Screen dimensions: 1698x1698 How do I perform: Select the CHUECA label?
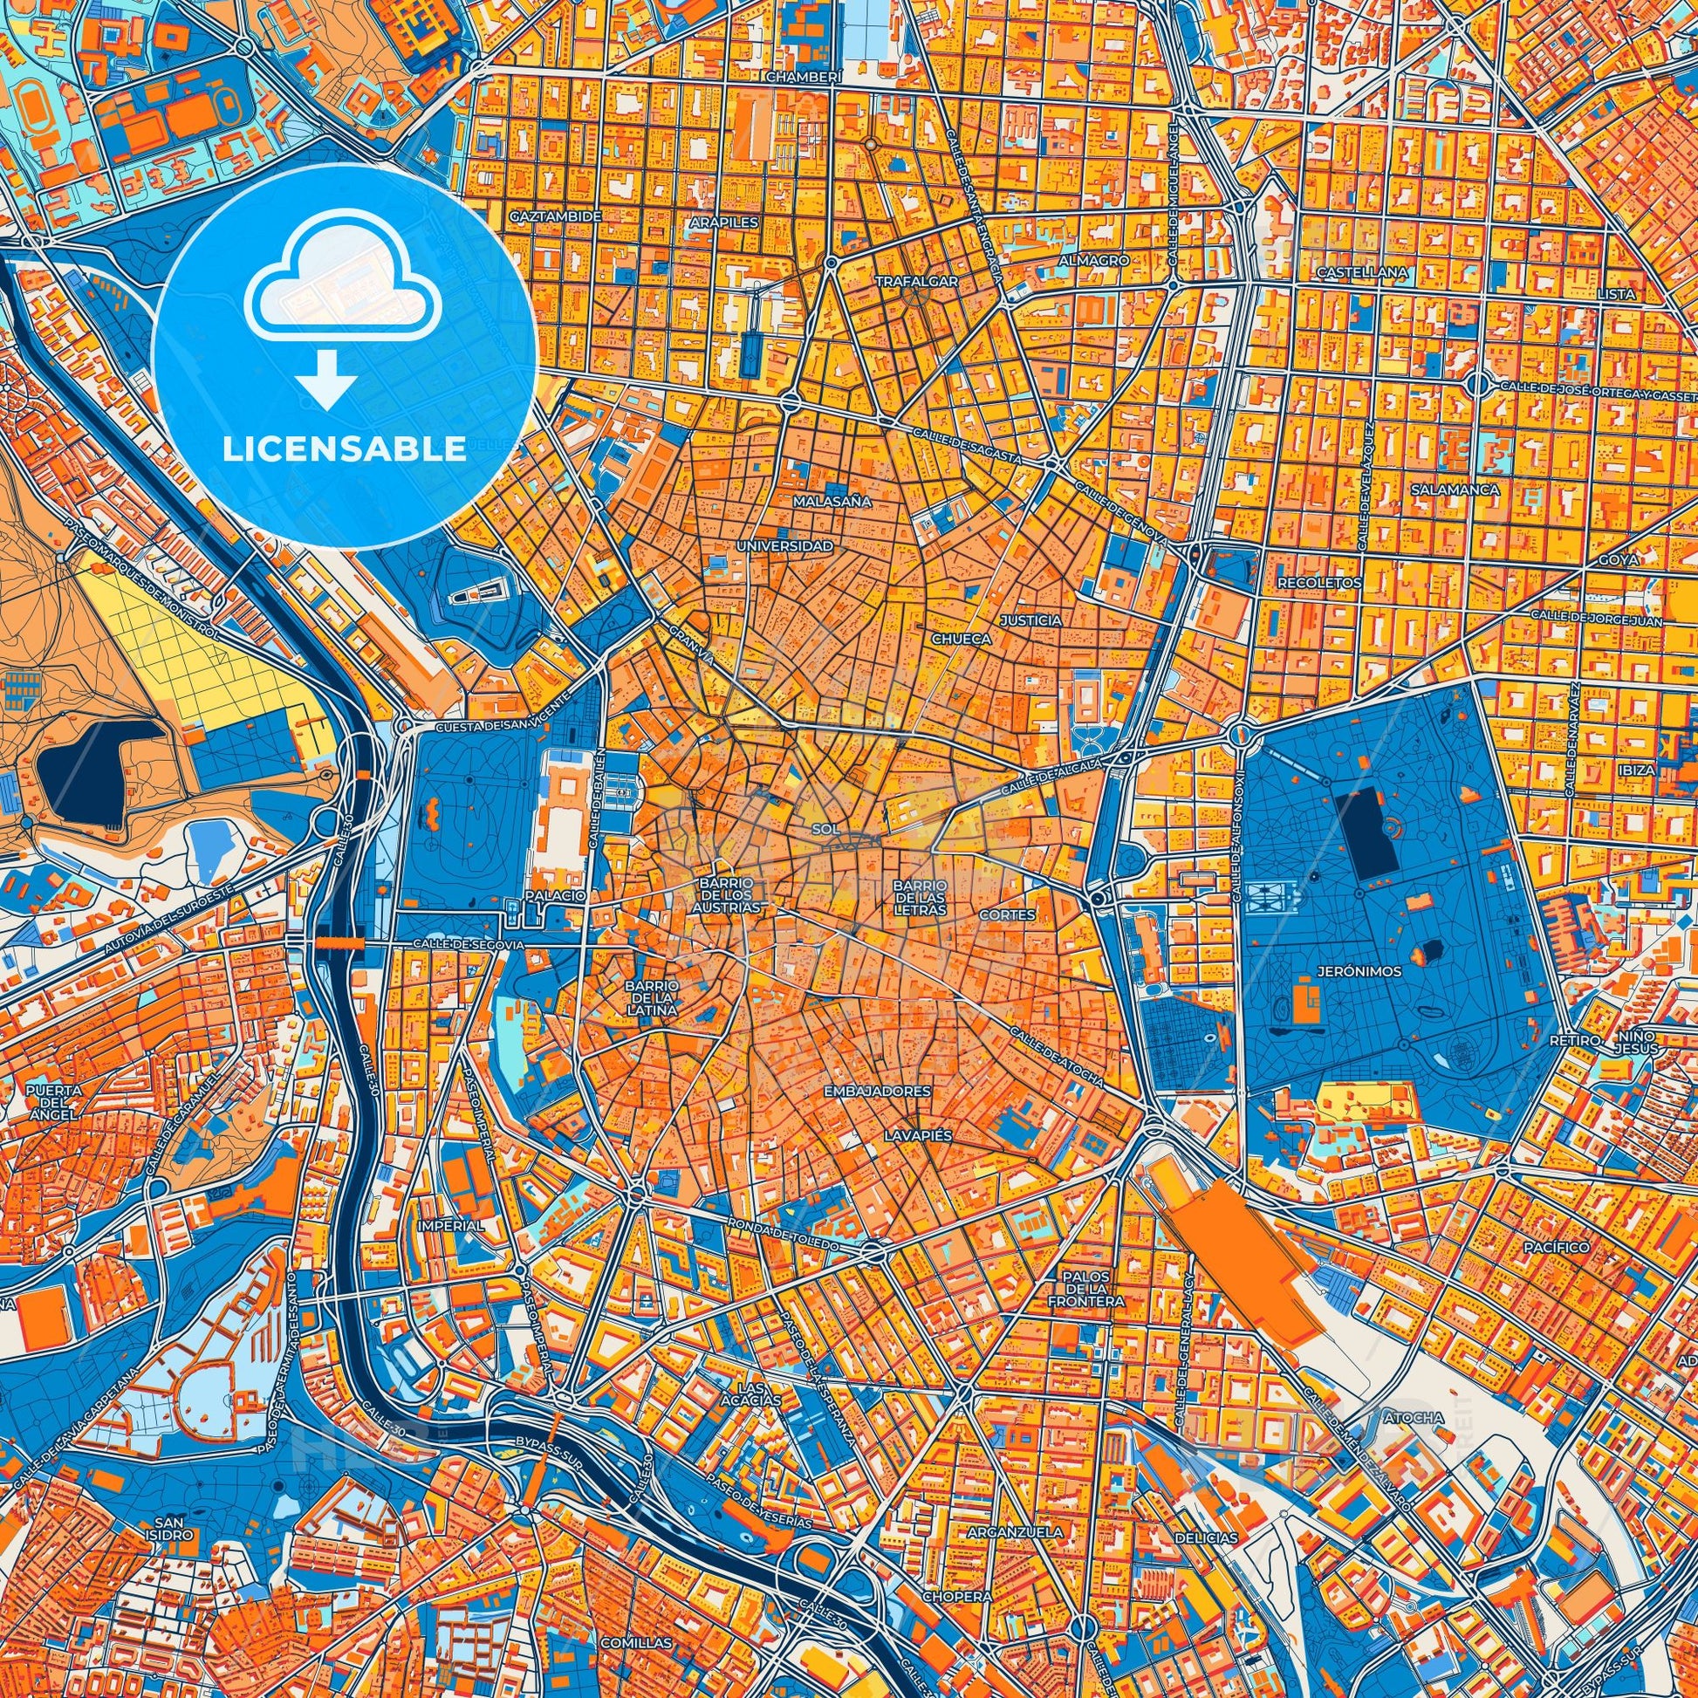click(x=962, y=639)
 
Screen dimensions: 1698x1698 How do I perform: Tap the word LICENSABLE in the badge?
click(x=344, y=449)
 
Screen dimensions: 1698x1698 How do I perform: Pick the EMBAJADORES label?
click(x=877, y=1091)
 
